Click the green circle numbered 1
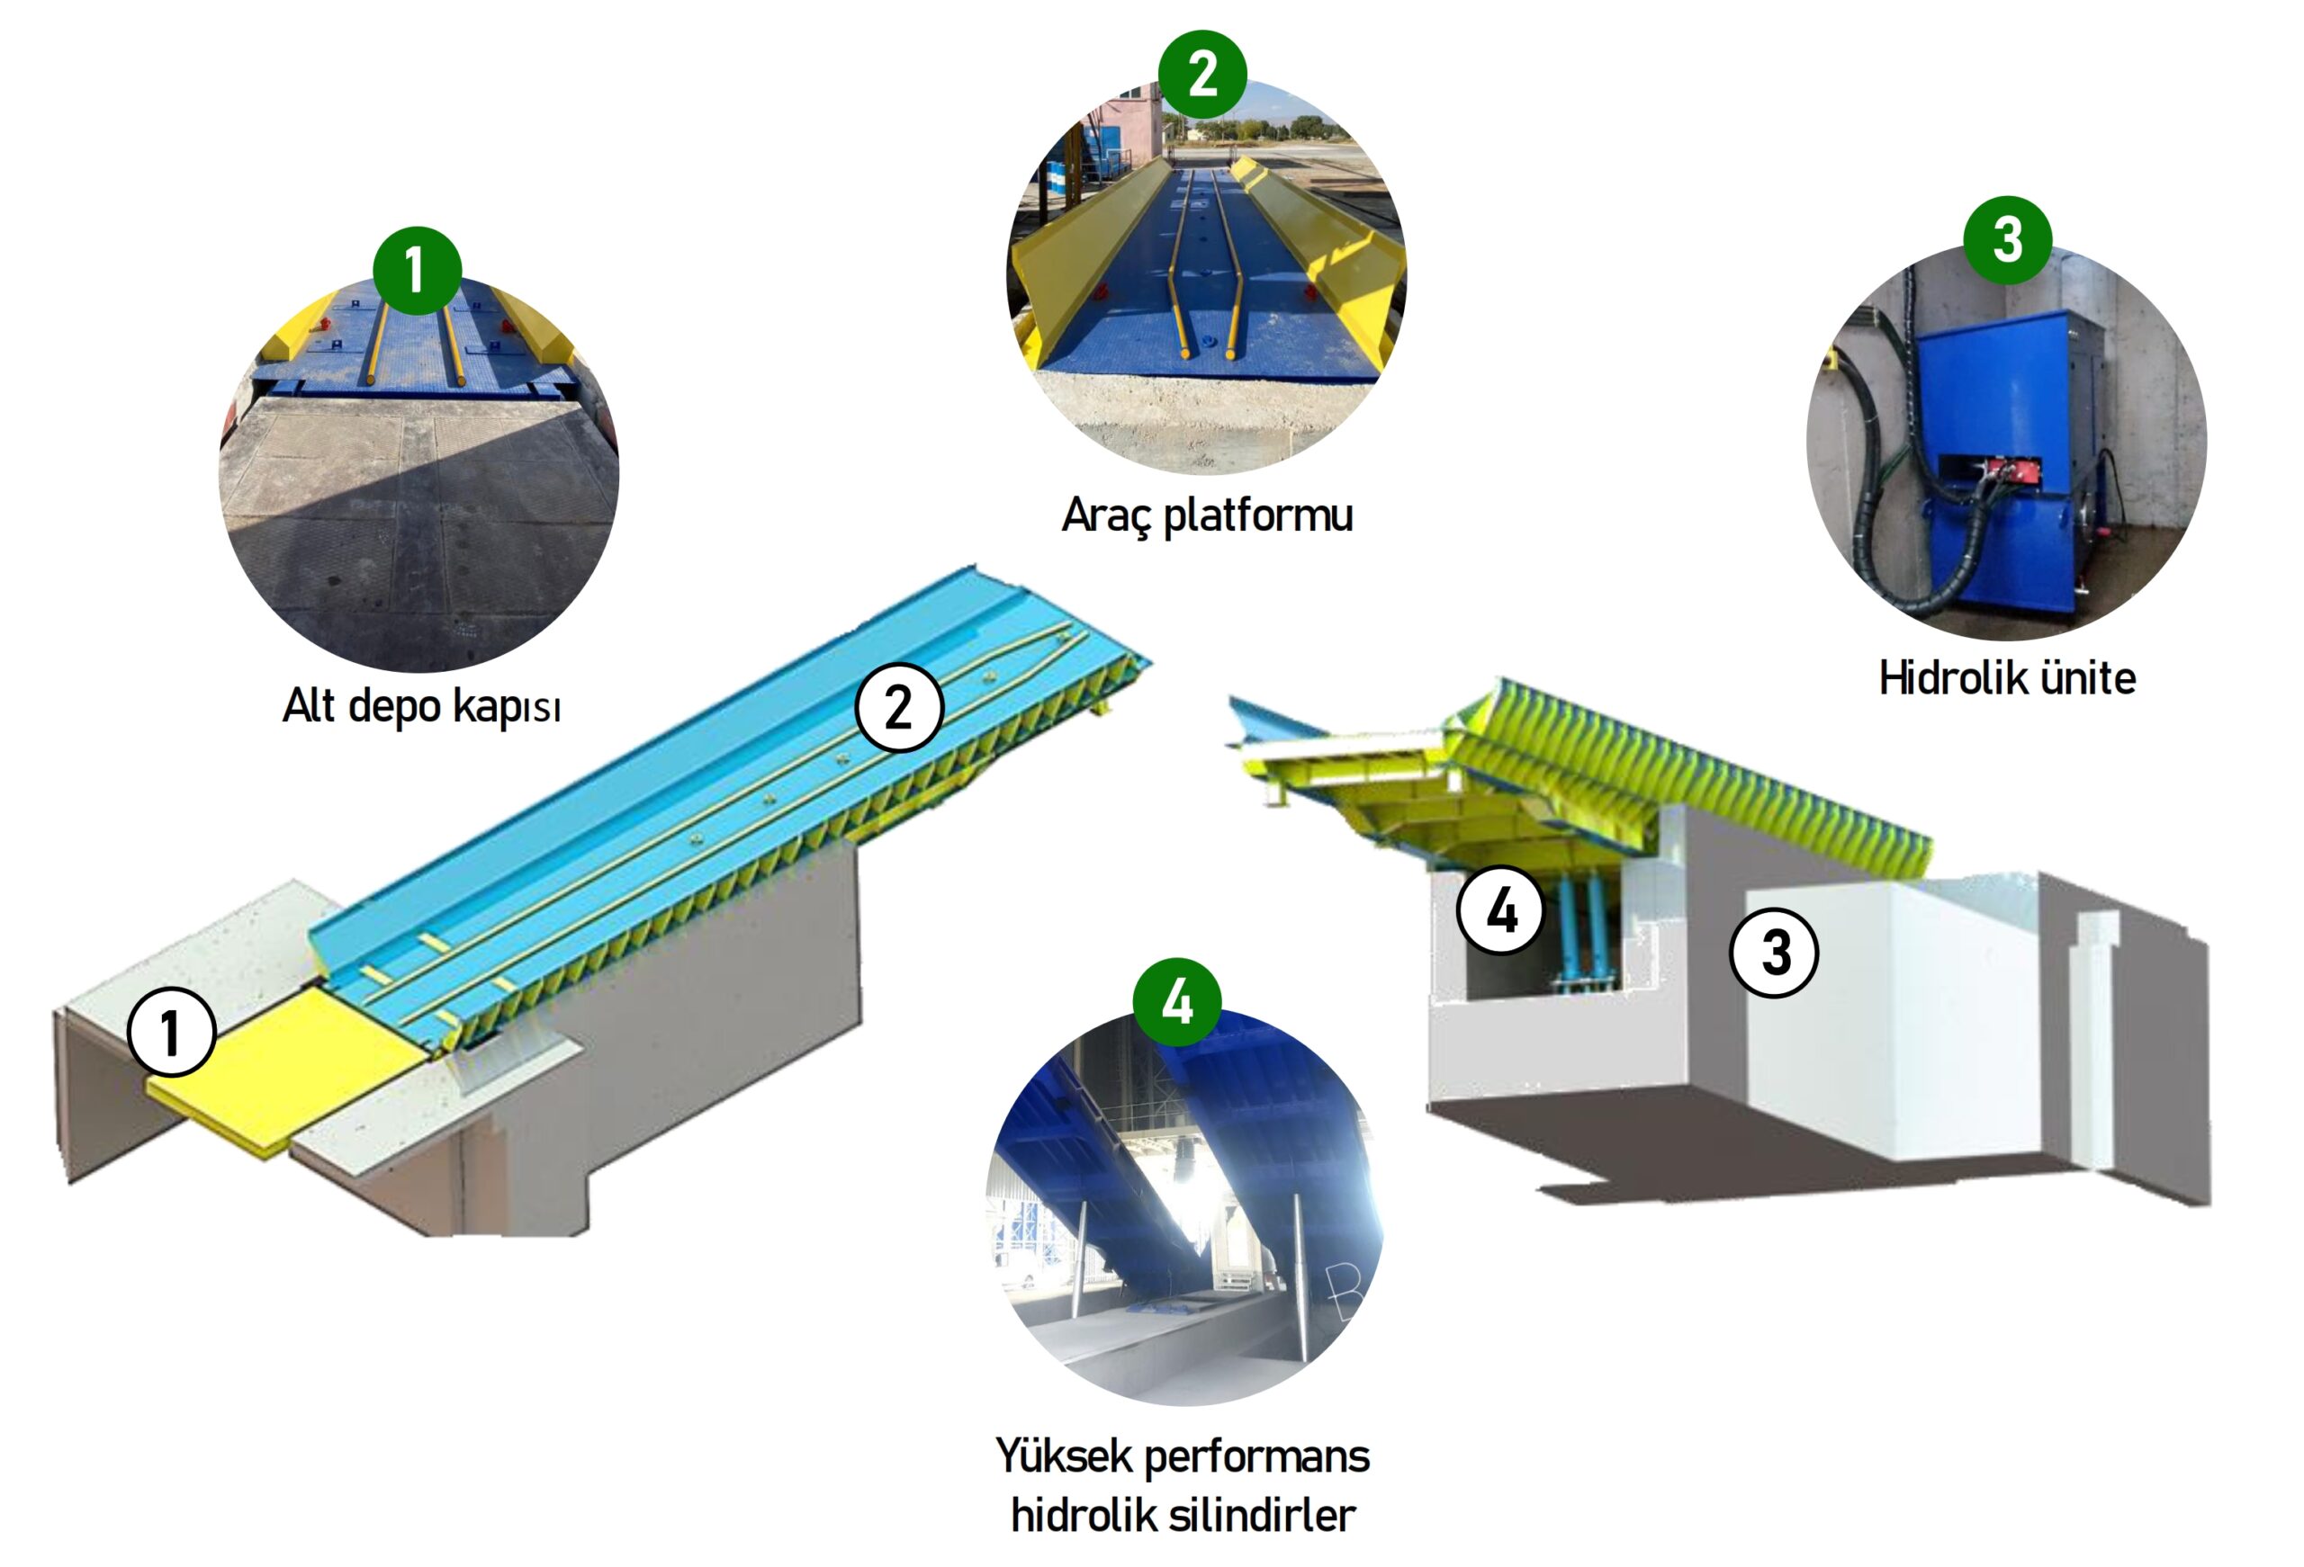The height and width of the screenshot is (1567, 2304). [417, 270]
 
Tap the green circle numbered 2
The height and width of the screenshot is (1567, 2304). [1201, 74]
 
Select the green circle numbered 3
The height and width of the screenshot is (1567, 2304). [2007, 240]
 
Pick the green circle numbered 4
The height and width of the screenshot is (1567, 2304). [1177, 1002]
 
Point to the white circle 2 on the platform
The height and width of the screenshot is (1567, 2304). [898, 708]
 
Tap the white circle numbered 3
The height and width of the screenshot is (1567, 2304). [1774, 953]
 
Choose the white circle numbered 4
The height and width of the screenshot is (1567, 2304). [1500, 909]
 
